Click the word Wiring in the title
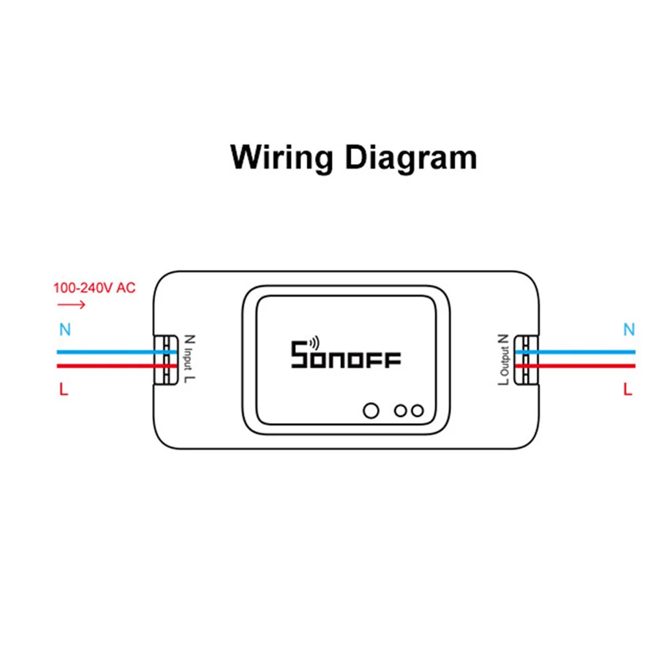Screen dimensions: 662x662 click(x=281, y=158)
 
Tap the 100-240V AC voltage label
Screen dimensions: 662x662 click(x=95, y=289)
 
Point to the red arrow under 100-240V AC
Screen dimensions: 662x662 click(x=71, y=305)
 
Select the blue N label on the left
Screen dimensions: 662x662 click(x=64, y=329)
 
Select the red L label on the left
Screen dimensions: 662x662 click(x=64, y=390)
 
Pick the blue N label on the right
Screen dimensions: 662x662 click(x=629, y=329)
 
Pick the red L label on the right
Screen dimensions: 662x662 click(x=628, y=390)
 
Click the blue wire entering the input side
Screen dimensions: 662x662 click(x=106, y=352)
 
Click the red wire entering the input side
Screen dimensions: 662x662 click(x=106, y=365)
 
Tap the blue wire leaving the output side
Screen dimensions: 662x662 click(x=583, y=352)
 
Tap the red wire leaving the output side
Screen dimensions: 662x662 click(x=583, y=365)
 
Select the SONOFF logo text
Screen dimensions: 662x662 click(x=346, y=358)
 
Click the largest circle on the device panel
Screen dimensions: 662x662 click(x=371, y=410)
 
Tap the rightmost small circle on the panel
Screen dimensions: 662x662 click(x=416, y=410)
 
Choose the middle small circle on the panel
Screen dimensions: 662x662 click(x=400, y=410)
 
